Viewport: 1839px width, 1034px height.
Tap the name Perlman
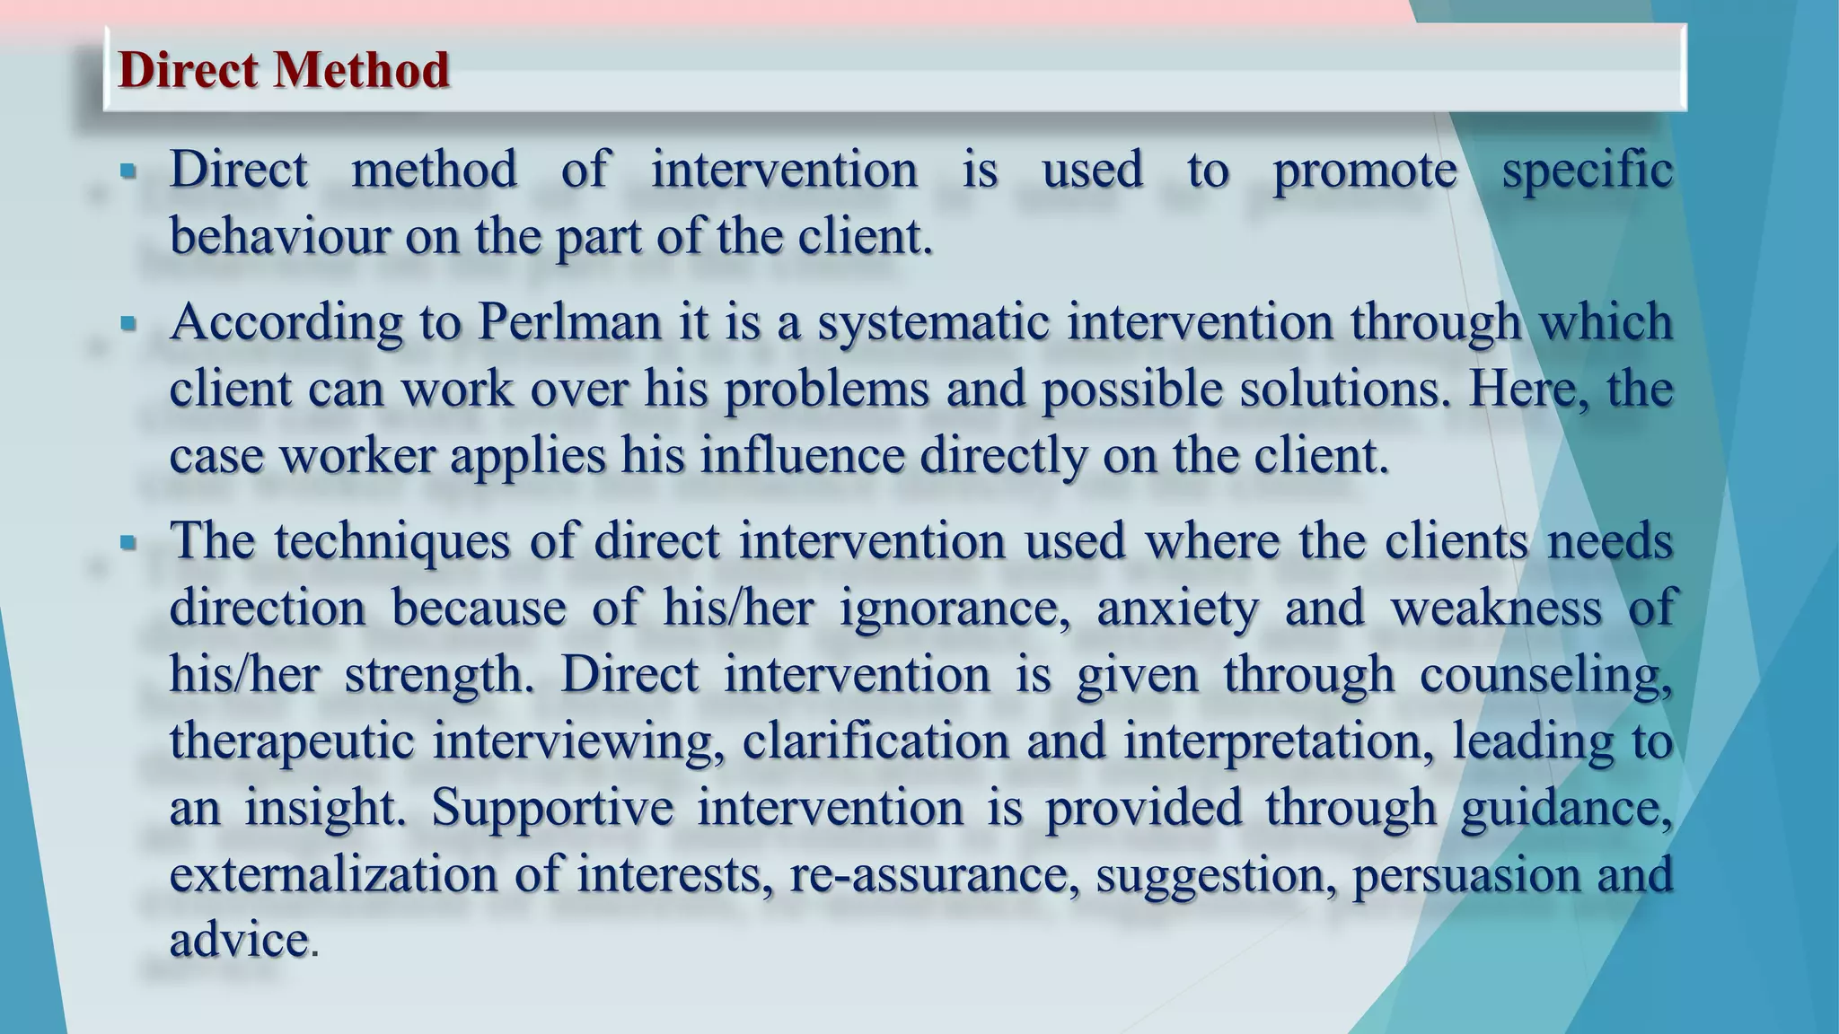(x=569, y=321)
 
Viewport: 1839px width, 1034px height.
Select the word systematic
(x=933, y=323)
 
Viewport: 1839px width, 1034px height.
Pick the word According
(x=286, y=323)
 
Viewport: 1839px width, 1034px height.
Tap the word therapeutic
(x=292, y=741)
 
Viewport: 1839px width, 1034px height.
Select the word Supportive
(x=552, y=808)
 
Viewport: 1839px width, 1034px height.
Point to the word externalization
(x=333, y=874)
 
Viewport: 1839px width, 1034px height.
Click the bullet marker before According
(x=128, y=322)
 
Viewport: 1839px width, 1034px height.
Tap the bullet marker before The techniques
(x=128, y=542)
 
